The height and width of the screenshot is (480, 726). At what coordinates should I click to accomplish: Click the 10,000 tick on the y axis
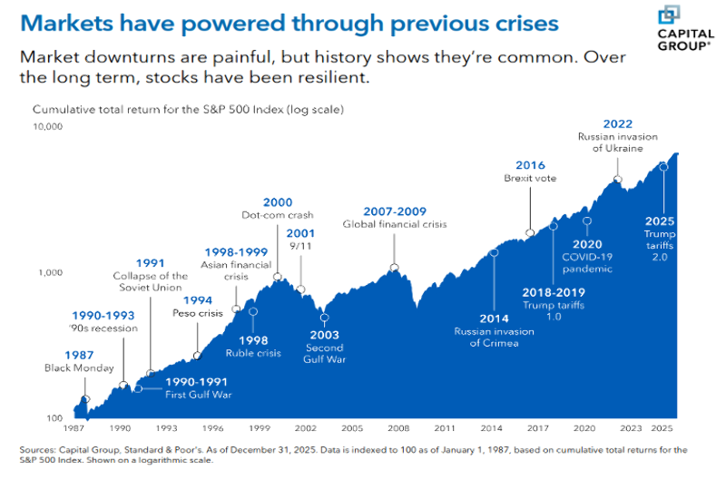[x=47, y=126]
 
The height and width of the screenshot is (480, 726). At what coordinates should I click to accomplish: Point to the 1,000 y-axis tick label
[x=51, y=272]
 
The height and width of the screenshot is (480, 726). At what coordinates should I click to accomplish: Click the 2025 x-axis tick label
[x=662, y=426]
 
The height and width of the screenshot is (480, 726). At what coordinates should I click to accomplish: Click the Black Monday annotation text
[x=79, y=368]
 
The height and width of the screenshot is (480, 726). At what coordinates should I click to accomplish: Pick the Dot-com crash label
[x=277, y=215]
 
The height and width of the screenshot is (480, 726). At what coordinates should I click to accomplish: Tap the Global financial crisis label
[x=394, y=224]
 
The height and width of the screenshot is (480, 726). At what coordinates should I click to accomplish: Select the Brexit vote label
[x=530, y=179]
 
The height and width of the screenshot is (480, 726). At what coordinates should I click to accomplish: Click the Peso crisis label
[x=197, y=313]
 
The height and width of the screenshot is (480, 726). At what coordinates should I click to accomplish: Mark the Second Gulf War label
[x=324, y=354]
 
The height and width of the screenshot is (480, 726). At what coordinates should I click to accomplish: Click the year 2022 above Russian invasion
[x=617, y=124]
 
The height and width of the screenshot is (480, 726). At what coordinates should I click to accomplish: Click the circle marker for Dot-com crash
[x=277, y=277]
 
